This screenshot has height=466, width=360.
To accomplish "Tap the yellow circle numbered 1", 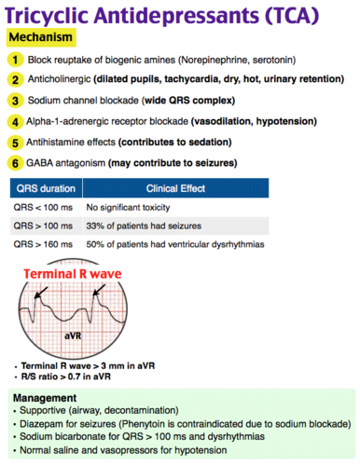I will point(15,60).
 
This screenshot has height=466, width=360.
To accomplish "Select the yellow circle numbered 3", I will point(15,101).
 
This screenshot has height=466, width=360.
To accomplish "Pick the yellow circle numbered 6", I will point(15,163).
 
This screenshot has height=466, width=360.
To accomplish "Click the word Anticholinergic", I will point(62,80).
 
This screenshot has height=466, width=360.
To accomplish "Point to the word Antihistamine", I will point(59,143).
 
